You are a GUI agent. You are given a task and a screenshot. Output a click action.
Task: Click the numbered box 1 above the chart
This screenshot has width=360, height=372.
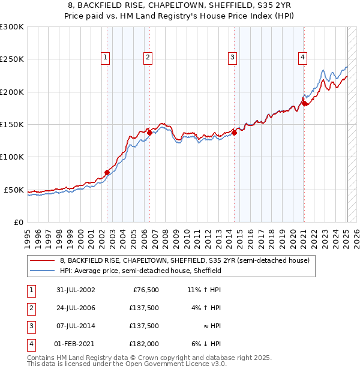105,58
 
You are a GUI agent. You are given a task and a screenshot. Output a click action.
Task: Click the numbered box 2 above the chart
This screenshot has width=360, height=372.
147,58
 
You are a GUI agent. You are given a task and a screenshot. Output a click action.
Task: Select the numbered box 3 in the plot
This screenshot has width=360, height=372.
232,58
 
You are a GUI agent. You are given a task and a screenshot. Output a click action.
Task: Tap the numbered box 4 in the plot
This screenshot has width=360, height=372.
302,58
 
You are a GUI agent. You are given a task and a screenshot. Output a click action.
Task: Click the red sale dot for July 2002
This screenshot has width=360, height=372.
107,172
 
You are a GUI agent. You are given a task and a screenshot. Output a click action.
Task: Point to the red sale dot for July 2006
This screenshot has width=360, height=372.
149,133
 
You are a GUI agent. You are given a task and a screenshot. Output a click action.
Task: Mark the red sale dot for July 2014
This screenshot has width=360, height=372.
234,133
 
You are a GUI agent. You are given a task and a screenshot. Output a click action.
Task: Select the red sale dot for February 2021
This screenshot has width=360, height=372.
304,103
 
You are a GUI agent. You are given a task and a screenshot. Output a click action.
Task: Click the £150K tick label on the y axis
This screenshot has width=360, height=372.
12,125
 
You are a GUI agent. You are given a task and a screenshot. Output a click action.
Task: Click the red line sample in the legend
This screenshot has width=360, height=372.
42,261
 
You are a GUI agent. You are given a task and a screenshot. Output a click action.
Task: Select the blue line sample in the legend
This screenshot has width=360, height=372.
42,271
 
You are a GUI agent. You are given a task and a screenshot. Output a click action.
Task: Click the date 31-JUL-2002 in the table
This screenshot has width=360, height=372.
76,290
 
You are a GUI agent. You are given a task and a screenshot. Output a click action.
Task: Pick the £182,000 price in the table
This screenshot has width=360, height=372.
144,344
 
